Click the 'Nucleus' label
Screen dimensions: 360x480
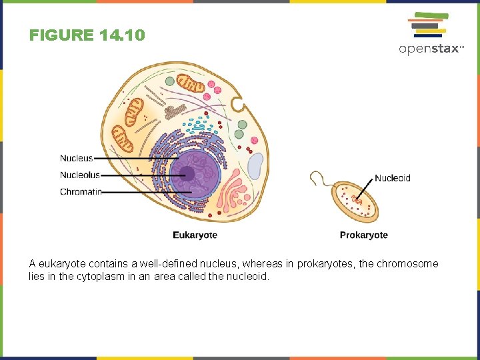click(76, 158)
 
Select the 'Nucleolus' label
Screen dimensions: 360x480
click(80, 175)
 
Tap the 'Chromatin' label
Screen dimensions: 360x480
click(81, 192)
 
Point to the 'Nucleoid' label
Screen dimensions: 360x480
click(392, 178)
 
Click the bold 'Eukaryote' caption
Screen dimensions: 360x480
click(195, 235)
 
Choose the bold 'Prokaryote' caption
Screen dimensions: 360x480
click(363, 235)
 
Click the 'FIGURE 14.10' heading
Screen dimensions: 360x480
click(87, 35)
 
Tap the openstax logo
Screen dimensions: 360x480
click(431, 33)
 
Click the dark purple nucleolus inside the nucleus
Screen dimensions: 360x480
click(187, 175)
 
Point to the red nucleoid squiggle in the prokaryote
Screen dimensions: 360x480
click(357, 199)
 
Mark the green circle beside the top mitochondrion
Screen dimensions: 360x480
click(169, 81)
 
